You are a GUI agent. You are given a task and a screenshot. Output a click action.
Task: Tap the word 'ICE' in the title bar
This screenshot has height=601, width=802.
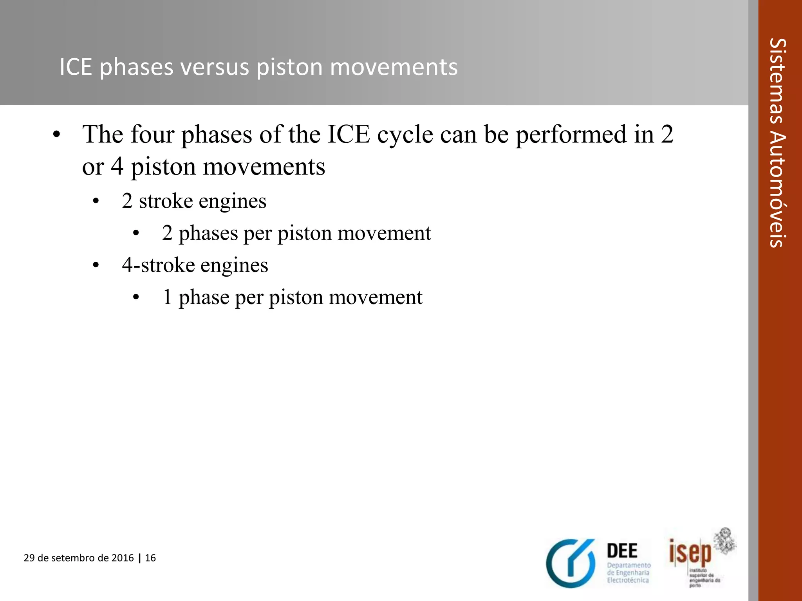[76, 67]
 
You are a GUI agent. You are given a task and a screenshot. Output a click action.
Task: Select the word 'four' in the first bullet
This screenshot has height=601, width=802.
[152, 135]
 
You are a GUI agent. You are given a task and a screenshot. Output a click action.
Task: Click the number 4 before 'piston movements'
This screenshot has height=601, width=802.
[117, 167]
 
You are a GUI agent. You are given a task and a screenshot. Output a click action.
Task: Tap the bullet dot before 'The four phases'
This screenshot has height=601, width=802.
[57, 135]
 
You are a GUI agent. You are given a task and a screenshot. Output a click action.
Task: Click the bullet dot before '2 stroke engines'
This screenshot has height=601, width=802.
[96, 202]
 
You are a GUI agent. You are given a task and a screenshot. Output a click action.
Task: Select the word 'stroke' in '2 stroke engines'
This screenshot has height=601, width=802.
[166, 202]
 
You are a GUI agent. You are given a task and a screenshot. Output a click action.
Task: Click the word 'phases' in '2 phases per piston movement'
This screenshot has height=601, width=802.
[208, 234]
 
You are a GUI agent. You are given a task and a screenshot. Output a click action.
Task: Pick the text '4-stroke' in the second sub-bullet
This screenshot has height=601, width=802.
[158, 265]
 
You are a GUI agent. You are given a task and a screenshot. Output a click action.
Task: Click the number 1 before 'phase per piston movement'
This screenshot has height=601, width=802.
[167, 297]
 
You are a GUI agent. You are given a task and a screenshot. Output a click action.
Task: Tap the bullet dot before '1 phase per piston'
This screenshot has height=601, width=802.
[136, 298]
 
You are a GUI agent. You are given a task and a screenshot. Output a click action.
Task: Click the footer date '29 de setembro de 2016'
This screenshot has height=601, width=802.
[79, 558]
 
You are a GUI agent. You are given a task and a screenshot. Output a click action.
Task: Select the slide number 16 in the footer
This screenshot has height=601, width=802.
[150, 558]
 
